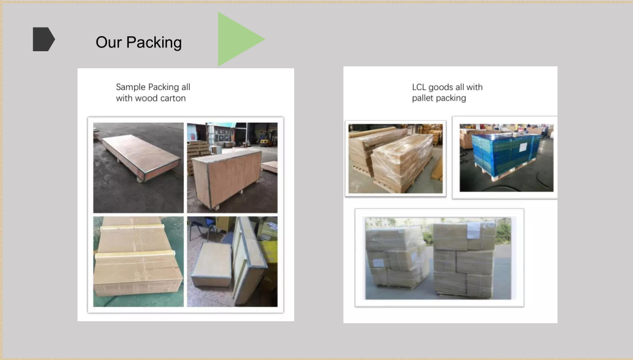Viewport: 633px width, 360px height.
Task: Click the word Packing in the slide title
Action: pos(154,43)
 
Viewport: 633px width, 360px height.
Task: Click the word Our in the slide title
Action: pos(108,43)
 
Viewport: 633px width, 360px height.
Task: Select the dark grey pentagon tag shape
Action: pos(43,39)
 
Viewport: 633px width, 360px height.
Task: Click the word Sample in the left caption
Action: pos(131,87)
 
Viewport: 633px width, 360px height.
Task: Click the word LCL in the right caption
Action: pos(419,87)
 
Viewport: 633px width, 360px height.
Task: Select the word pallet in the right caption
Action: pos(423,98)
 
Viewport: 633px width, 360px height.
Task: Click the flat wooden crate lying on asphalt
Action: pos(141,156)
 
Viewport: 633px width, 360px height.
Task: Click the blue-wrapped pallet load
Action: pos(506,155)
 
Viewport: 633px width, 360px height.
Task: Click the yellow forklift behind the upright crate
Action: pos(265,141)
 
